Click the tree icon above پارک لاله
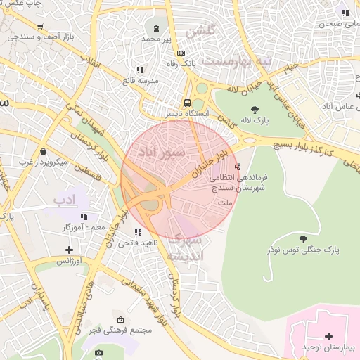[x=254, y=109]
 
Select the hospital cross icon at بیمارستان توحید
[x=328, y=335]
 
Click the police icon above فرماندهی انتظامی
[x=238, y=167]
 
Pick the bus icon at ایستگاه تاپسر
[x=187, y=101]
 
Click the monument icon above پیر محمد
[x=155, y=28]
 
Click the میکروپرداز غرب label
[x=42, y=162]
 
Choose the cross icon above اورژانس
[x=69, y=249]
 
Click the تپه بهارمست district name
[x=236, y=61]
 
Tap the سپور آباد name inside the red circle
[x=162, y=150]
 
